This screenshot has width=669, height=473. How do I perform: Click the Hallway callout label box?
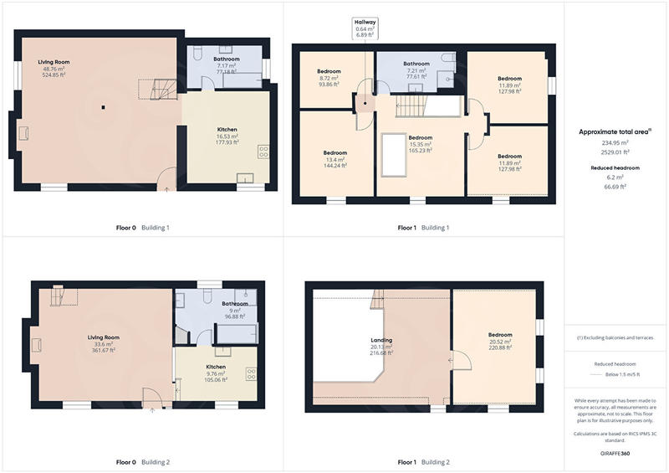(365, 28)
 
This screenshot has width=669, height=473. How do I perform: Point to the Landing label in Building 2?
(381, 347)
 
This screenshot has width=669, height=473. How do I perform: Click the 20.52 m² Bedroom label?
(500, 347)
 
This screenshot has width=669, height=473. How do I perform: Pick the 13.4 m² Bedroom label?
(335, 159)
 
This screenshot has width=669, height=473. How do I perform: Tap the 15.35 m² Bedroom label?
(420, 143)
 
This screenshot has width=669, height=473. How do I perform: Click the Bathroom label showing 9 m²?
(235, 310)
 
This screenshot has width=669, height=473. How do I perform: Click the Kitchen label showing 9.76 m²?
(217, 373)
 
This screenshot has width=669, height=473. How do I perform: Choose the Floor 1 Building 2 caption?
(424, 462)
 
